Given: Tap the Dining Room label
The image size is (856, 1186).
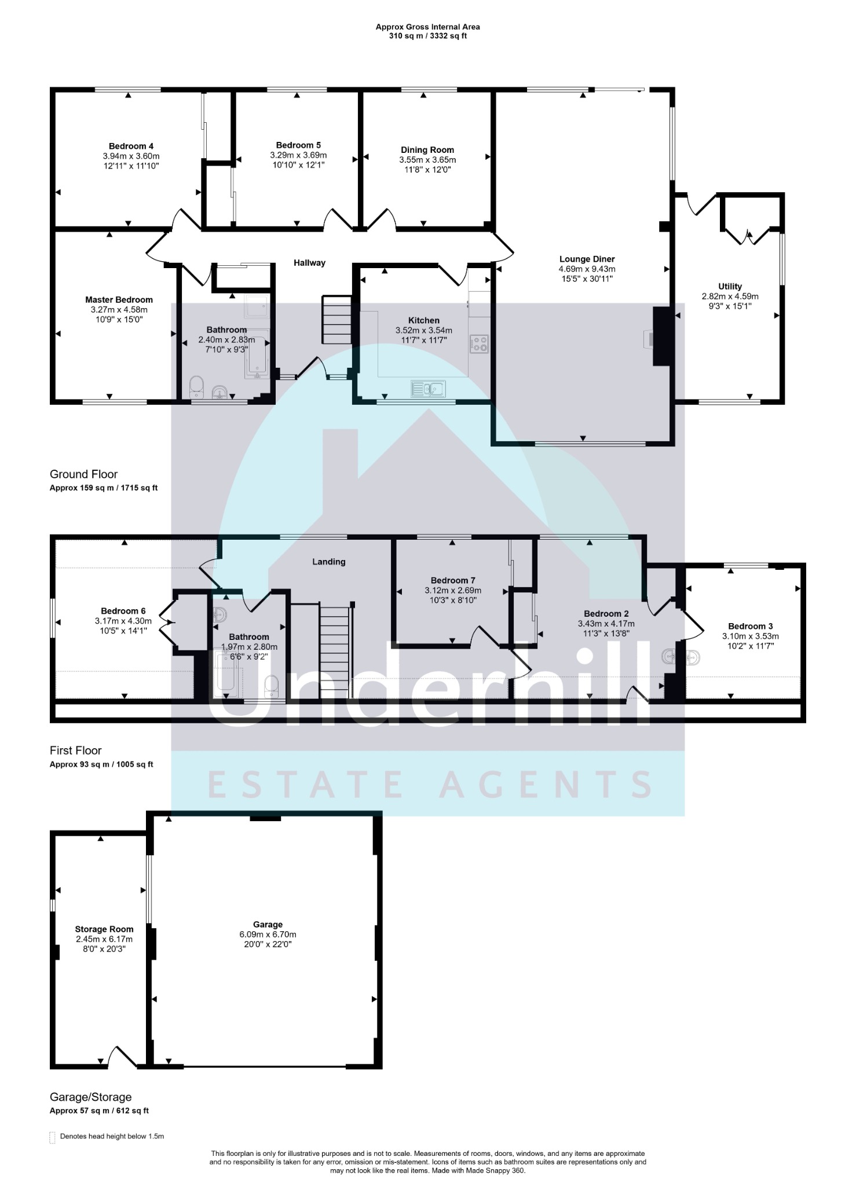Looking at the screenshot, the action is (427, 149).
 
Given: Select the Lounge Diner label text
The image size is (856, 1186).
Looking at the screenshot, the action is (587, 259).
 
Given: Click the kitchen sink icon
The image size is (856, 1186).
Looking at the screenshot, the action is (428, 389).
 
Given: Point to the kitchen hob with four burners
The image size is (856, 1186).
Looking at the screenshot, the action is (479, 344).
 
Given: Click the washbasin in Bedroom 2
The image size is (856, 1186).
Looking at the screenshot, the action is (670, 657).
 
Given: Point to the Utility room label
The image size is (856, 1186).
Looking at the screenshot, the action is (730, 286).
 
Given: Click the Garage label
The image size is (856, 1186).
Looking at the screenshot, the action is (268, 924).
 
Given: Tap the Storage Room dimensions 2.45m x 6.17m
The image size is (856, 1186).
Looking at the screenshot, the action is (104, 939).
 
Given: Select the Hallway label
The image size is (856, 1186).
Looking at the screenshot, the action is (309, 263).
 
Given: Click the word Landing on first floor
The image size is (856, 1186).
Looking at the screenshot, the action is (328, 561).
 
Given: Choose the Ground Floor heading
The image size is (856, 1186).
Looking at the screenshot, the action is (84, 474).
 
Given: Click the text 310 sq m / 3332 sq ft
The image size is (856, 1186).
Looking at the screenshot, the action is (427, 36).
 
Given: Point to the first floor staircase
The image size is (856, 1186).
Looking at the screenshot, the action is (335, 651).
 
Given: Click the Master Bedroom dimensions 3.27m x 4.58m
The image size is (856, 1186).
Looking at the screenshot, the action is (119, 309).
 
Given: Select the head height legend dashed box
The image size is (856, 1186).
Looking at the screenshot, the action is (53, 1137).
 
